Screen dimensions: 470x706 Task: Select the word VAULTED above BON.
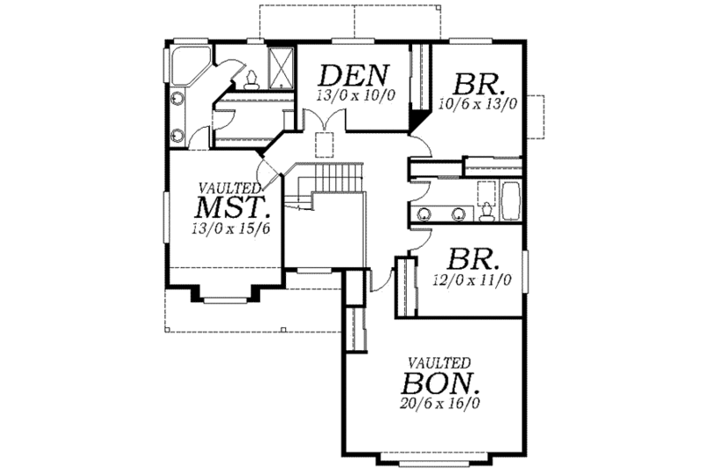click(439, 362)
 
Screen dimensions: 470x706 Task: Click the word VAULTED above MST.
click(228, 188)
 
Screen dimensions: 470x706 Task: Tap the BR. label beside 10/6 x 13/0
click(480, 85)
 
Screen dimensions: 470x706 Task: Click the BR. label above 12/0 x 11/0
click(473, 260)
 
